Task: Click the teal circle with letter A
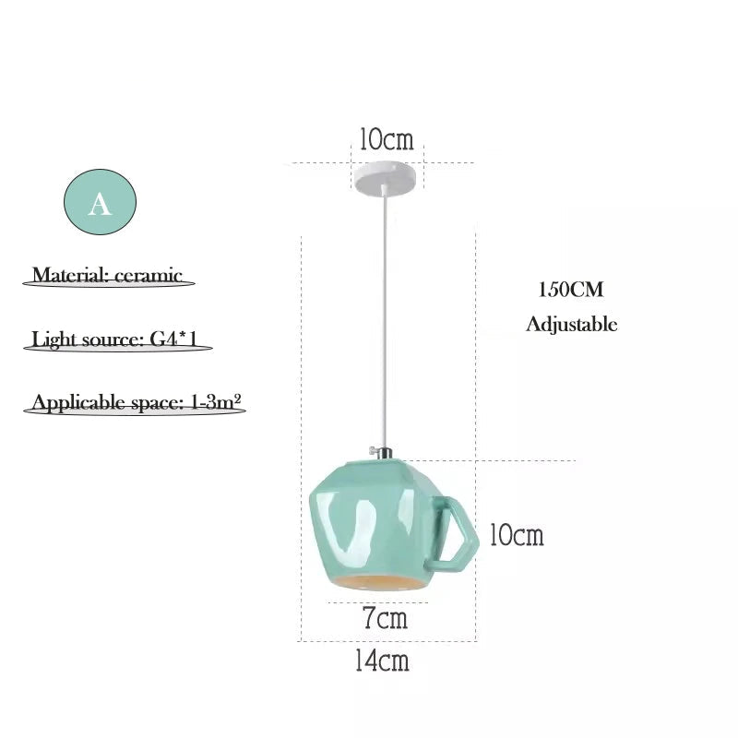[x=100, y=202]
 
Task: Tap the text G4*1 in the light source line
[x=173, y=339]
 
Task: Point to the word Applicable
[x=78, y=403]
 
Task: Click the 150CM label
[x=570, y=289]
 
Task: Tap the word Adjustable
[x=571, y=325]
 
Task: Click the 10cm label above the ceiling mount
[x=387, y=139]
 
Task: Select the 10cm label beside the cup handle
[x=517, y=535]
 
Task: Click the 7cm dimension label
[x=385, y=617]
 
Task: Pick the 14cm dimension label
[x=382, y=661]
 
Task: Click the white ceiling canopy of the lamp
[x=386, y=176]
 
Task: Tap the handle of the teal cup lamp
[x=453, y=530]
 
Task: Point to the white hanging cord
[x=386, y=316]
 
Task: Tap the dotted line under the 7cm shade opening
[x=377, y=602]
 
